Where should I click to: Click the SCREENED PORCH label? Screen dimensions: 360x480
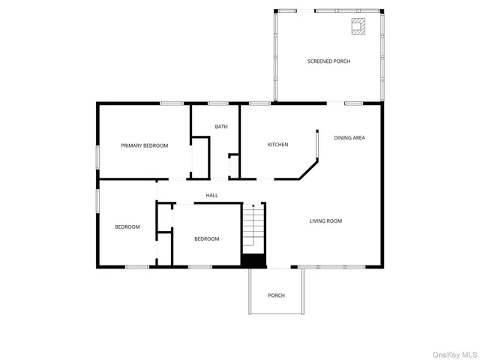(x=328, y=61)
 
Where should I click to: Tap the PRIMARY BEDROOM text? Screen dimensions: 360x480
(x=145, y=145)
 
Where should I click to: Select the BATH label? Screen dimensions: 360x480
(x=221, y=127)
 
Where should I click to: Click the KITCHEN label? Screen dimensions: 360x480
(x=277, y=145)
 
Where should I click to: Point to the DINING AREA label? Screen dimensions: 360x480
(x=349, y=138)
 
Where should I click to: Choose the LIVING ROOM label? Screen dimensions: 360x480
(x=326, y=220)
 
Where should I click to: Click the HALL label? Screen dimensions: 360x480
(x=212, y=196)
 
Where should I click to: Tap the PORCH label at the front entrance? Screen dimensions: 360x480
(x=277, y=295)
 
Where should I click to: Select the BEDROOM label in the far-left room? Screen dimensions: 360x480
(x=127, y=227)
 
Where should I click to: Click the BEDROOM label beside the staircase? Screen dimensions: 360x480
(x=206, y=238)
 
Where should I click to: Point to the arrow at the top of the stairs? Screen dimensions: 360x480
(x=253, y=205)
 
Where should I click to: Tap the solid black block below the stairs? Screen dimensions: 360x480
(x=253, y=260)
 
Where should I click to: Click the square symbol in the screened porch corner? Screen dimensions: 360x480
(x=358, y=28)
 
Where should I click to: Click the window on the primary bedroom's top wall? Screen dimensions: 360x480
(x=172, y=103)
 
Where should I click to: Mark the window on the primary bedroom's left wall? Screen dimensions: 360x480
(x=97, y=157)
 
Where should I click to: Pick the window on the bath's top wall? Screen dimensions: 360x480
(x=217, y=103)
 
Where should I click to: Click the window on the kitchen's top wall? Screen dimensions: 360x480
(x=259, y=103)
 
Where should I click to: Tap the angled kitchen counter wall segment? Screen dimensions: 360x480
(x=307, y=170)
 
